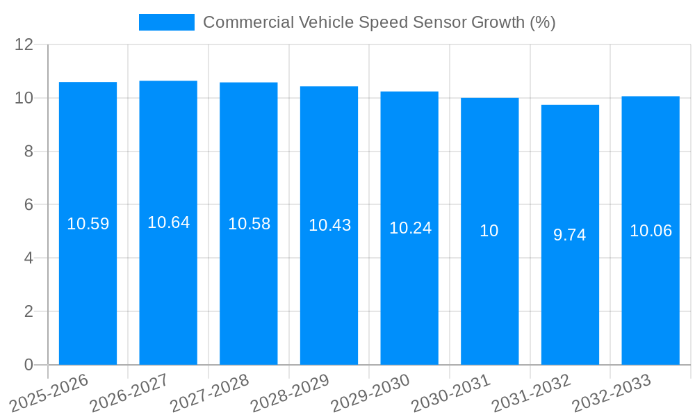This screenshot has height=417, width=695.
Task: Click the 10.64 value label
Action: (168, 222)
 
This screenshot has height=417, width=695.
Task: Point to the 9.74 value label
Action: (570, 235)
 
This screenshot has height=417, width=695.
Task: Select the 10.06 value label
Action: (651, 231)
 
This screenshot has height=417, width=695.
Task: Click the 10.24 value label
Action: (410, 228)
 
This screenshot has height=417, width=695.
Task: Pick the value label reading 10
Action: (489, 231)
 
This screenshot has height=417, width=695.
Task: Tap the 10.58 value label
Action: (249, 224)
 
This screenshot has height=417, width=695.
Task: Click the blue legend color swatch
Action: (167, 22)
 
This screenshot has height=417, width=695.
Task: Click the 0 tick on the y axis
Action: (28, 365)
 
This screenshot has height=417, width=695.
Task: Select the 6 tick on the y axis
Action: (28, 205)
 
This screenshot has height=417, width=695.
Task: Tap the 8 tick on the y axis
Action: (28, 152)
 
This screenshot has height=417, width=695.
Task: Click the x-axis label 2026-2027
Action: (129, 393)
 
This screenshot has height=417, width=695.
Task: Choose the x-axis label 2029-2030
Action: (370, 393)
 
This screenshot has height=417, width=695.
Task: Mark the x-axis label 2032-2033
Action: (611, 393)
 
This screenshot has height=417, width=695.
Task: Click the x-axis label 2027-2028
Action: (209, 393)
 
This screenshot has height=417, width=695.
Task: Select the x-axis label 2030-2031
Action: (450, 393)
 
